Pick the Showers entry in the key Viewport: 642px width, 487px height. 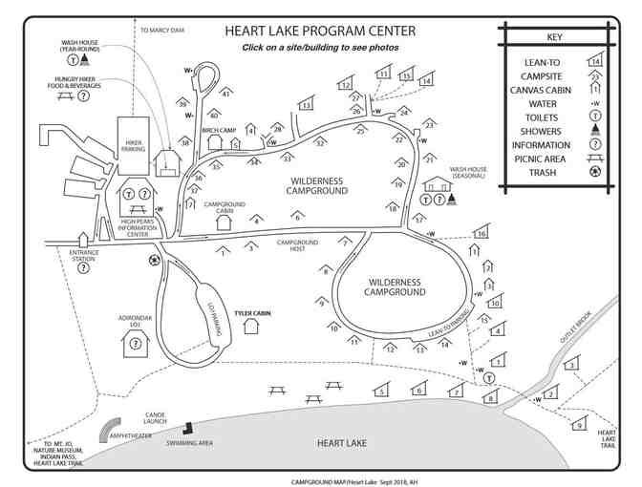coord(546,131)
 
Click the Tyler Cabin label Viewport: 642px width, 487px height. coord(253,313)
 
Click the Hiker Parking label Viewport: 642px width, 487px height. coord(133,146)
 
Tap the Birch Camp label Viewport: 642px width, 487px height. coord(219,130)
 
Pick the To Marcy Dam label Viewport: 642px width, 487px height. coord(161,31)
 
